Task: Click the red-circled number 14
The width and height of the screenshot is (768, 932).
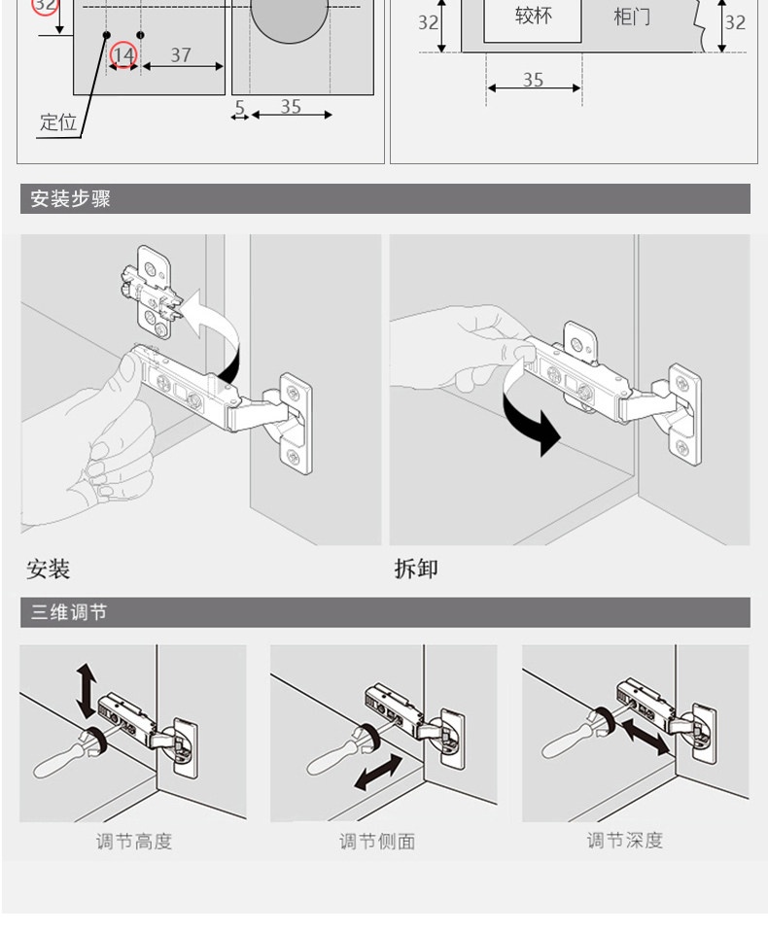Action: tap(123, 55)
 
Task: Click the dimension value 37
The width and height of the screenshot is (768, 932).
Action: tap(181, 54)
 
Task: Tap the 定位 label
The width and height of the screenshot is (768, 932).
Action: tap(57, 122)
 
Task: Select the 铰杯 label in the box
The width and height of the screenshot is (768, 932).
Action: tap(533, 16)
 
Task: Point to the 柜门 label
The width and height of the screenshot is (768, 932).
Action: tap(632, 17)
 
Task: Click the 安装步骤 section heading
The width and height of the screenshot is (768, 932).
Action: tap(71, 199)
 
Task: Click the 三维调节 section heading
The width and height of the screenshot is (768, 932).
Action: tap(69, 612)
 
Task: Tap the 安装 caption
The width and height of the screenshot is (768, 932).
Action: tap(49, 569)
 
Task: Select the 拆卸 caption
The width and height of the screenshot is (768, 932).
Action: tap(416, 569)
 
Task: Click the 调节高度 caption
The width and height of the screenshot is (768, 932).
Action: tap(133, 842)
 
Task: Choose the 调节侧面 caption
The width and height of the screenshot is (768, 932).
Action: tap(377, 842)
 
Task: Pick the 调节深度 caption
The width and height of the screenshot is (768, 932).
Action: tap(624, 841)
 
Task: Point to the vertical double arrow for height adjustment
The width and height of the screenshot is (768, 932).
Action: tap(87, 691)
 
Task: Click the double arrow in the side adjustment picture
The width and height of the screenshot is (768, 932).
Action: tap(377, 773)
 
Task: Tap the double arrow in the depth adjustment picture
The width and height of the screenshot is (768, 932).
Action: tap(645, 735)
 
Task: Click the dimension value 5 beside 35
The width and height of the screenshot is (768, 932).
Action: tap(239, 107)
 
